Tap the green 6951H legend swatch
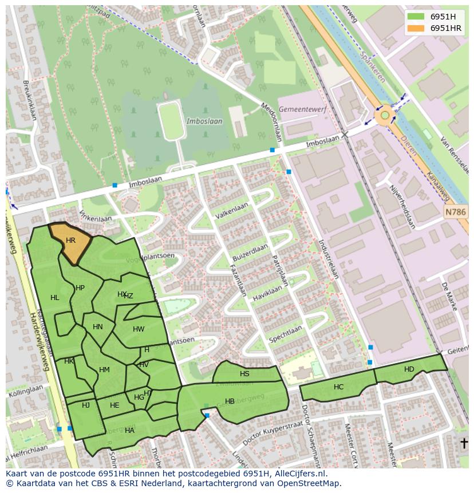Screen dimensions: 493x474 pyautogui.click(x=416, y=17)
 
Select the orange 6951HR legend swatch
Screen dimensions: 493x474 pyautogui.click(x=416, y=28)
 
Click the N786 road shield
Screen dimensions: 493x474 pyautogui.click(x=455, y=212)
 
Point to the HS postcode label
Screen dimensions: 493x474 pyautogui.click(x=244, y=374)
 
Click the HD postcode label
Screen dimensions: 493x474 pyautogui.click(x=409, y=369)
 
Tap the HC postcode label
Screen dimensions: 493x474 pyautogui.click(x=338, y=387)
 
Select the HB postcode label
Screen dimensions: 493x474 pyautogui.click(x=230, y=401)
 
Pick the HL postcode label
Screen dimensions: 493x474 pyautogui.click(x=55, y=298)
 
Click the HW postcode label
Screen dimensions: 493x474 pyautogui.click(x=139, y=329)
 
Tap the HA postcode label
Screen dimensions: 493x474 pyautogui.click(x=129, y=431)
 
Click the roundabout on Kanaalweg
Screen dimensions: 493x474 pyautogui.click(x=385, y=116)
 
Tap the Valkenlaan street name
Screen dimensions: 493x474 pyautogui.click(x=232, y=211)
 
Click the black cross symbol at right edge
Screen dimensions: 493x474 pyautogui.click(x=464, y=443)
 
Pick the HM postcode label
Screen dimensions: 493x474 pyautogui.click(x=104, y=370)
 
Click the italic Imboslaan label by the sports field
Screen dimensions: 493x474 pyautogui.click(x=200, y=121)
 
